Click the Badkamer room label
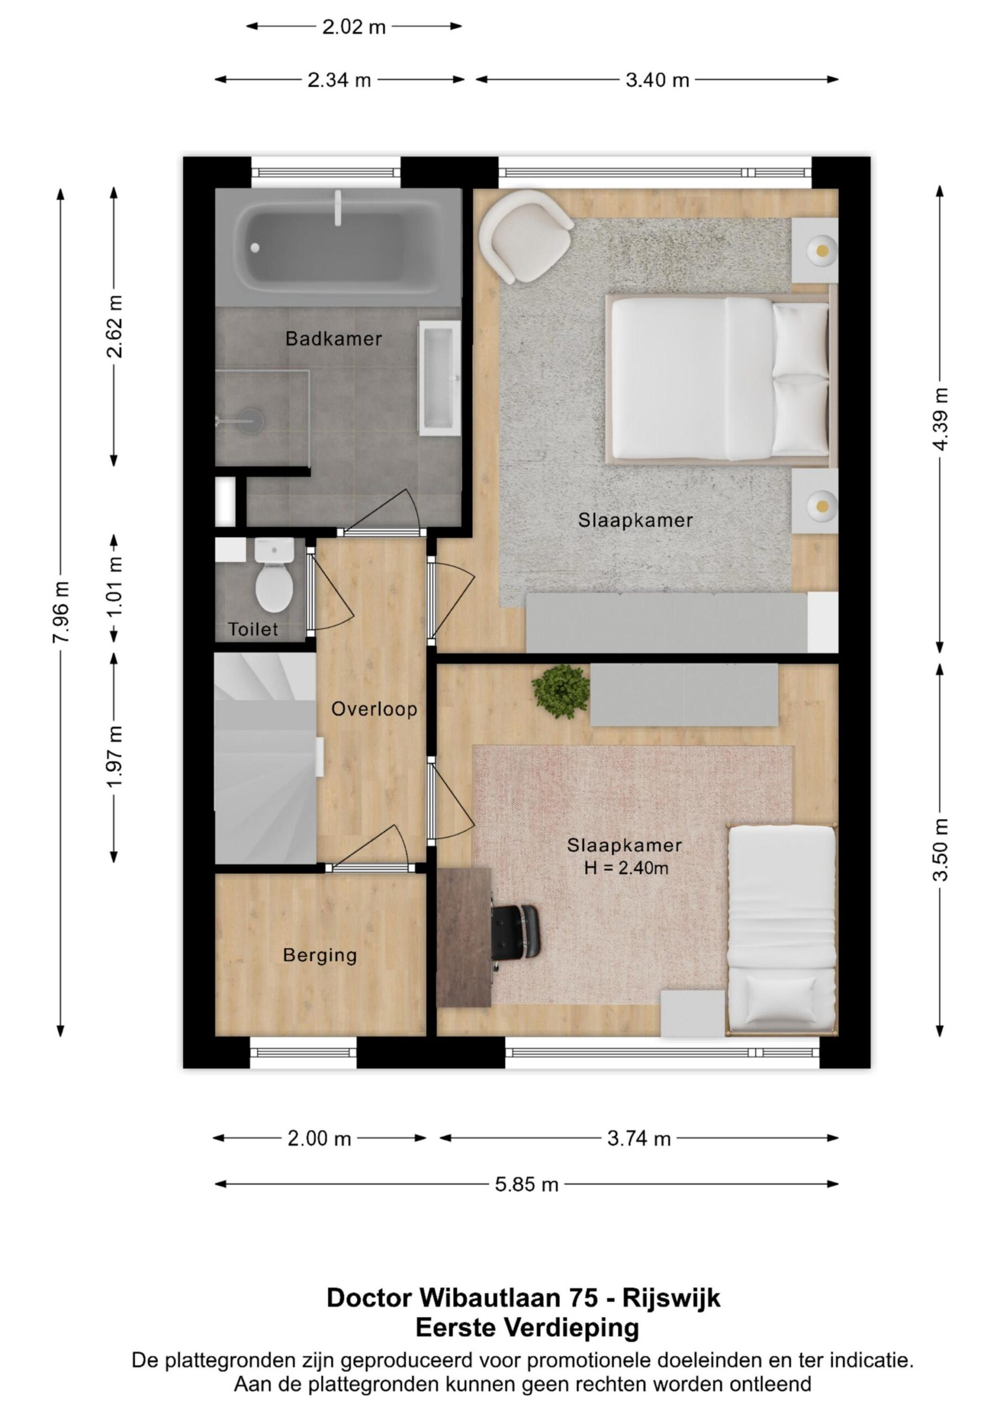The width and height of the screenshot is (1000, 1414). click(x=333, y=339)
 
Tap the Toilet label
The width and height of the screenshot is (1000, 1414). click(x=253, y=630)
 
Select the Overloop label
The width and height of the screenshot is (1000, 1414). click(x=374, y=709)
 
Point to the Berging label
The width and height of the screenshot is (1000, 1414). click(x=320, y=955)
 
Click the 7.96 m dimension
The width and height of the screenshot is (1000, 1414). click(x=61, y=612)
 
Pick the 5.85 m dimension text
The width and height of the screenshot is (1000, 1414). click(x=527, y=1184)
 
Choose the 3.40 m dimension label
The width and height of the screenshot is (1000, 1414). click(x=657, y=80)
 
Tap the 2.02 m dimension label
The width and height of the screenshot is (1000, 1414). click(x=354, y=27)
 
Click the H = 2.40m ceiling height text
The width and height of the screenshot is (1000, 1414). click(x=626, y=868)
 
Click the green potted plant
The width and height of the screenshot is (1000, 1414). click(x=561, y=691)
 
